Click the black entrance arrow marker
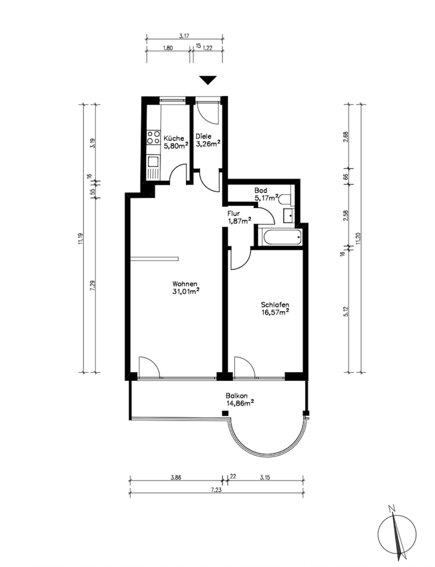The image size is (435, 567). coord(208,80)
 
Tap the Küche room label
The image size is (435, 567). coord(174,138)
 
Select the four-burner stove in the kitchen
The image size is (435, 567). coord(153,137)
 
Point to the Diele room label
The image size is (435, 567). coord(203,136)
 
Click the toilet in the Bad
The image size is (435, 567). coord(286,199)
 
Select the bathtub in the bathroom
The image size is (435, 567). coord(282,237)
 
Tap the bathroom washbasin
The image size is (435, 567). coord(289,216)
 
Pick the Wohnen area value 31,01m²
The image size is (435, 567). coord(186,291)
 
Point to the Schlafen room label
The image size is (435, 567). coord(275,305)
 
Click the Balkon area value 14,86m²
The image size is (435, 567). coord(240,403)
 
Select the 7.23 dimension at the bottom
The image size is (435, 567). coord(217,490)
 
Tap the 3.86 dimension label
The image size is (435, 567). coord(175,477)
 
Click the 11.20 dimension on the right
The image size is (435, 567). coord(358,239)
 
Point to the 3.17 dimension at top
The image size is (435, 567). coord(185,36)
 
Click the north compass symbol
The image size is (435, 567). coord(397,533)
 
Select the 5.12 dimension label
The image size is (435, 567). coord(346,312)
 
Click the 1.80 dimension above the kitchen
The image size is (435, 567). coord(168,48)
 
